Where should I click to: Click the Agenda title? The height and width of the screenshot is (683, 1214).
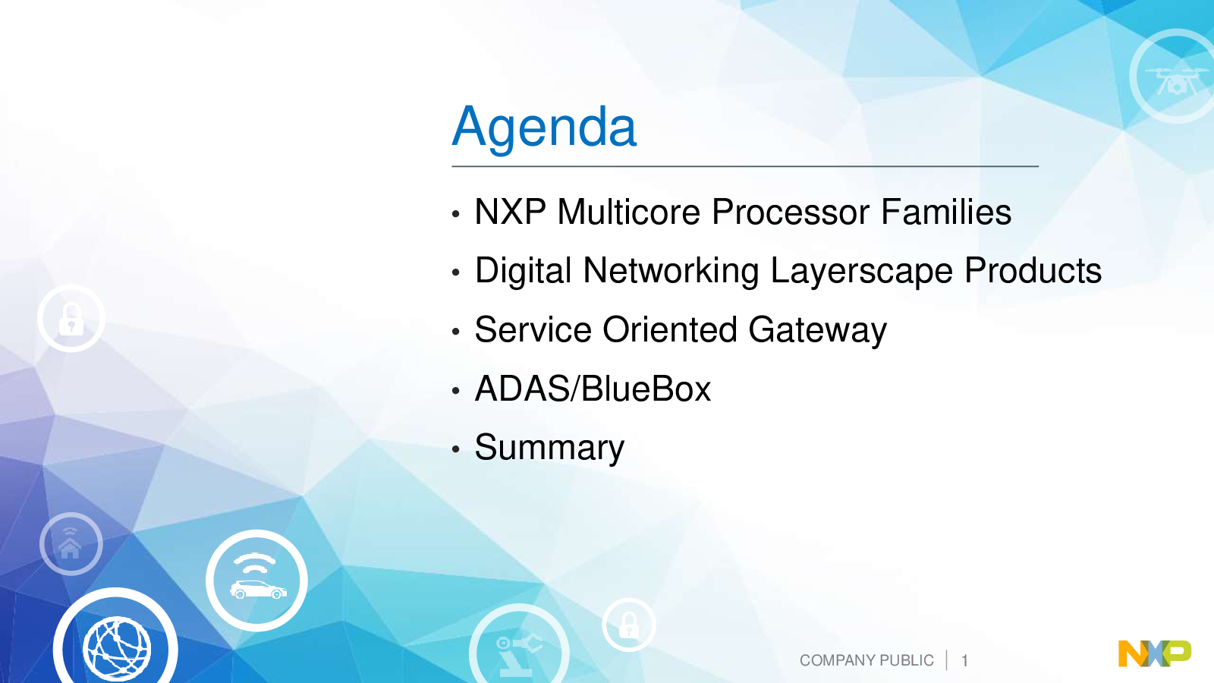tap(544, 128)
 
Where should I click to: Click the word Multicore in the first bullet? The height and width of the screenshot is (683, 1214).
tap(629, 212)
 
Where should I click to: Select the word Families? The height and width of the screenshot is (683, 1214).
tap(945, 212)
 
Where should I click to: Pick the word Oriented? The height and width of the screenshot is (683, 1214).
tap(670, 329)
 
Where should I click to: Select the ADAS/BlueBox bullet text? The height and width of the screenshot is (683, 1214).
tap(593, 388)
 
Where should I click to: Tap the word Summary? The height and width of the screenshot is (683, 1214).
tap(549, 449)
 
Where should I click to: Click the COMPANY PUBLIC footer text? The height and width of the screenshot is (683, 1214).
tap(866, 660)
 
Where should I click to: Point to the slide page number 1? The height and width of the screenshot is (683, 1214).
tap(964, 661)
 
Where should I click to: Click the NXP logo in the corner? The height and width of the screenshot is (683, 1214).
tap(1155, 653)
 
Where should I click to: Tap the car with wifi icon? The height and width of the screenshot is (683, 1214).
tap(257, 581)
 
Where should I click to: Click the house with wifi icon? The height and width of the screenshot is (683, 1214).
tap(71, 543)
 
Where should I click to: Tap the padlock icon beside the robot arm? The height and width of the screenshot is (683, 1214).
tap(629, 625)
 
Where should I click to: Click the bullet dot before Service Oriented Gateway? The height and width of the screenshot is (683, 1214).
tap(456, 332)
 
